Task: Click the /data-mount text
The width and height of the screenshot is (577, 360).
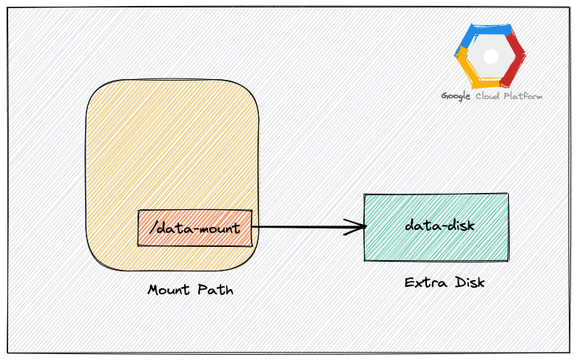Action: [x=195, y=228]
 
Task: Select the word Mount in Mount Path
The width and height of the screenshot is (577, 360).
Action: [x=169, y=290]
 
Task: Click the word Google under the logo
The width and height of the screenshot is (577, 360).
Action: [x=456, y=96]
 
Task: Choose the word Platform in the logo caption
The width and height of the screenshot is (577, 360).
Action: [x=523, y=96]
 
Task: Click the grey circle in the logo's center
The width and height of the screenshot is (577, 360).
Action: [x=490, y=56]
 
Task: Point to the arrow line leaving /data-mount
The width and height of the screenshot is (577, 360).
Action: [x=303, y=227]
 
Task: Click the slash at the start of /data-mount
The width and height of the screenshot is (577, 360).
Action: [x=152, y=228]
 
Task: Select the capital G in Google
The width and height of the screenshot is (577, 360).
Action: [x=445, y=96]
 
